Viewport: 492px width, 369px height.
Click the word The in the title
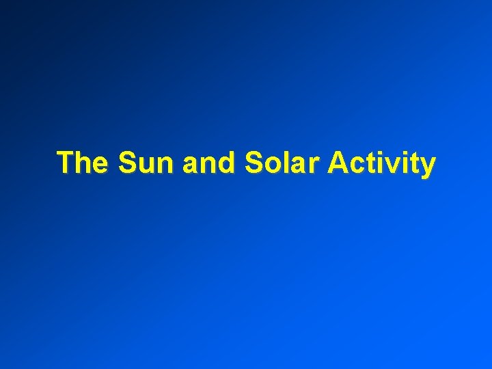click(x=83, y=163)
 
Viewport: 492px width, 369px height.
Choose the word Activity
click(x=381, y=164)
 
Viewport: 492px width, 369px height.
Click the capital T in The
click(x=66, y=163)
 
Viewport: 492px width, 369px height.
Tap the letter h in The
click(x=83, y=163)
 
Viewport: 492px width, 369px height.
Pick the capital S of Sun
click(x=126, y=163)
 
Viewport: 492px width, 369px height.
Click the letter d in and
click(x=220, y=163)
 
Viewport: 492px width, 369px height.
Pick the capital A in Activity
click(x=338, y=163)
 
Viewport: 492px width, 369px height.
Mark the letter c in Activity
click(x=357, y=166)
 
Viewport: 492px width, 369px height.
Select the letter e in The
click(x=100, y=166)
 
